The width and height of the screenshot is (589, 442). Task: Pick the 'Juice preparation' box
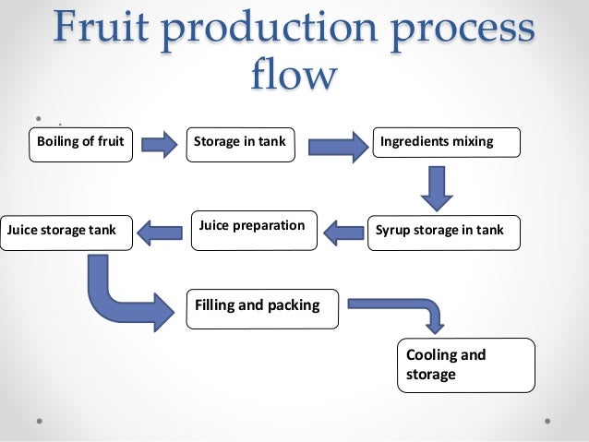252,226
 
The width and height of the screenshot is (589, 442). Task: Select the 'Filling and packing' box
262,305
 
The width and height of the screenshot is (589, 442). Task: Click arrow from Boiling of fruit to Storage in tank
160,143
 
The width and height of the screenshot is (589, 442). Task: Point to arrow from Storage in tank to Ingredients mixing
337,145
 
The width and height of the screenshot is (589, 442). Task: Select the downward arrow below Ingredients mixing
437,187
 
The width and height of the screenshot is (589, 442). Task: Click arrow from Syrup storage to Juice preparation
344,232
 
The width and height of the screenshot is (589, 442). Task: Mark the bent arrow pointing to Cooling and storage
406,307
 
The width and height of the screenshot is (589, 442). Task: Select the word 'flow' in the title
294,74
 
